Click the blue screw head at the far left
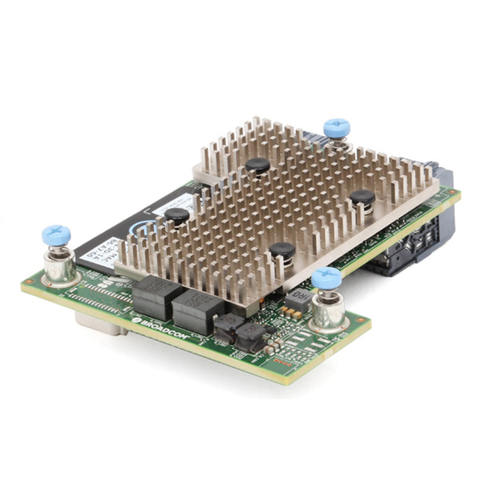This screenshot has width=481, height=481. pyautogui.click(x=56, y=234)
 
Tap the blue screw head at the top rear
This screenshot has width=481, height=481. pyautogui.click(x=337, y=127)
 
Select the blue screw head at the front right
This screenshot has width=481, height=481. pyautogui.click(x=326, y=277)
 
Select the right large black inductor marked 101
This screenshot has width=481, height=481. pyautogui.click(x=198, y=307)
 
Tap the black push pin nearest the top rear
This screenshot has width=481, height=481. pyautogui.click(x=257, y=165)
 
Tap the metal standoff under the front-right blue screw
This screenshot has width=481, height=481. pyautogui.click(x=329, y=312)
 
